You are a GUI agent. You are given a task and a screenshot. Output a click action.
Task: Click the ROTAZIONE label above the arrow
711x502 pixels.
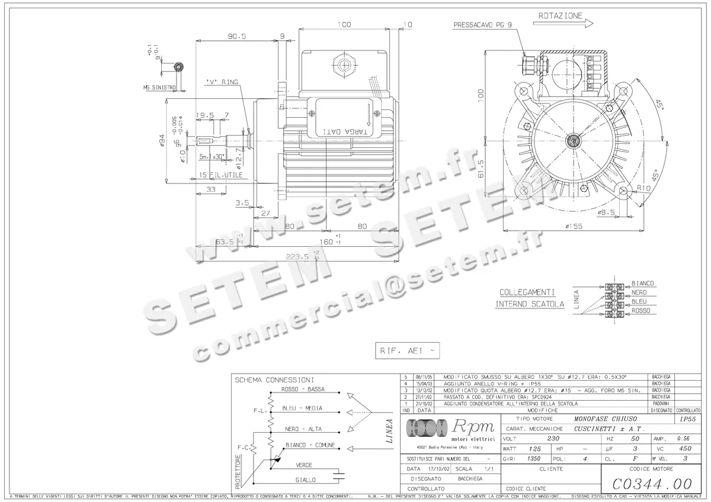(x=561, y=16)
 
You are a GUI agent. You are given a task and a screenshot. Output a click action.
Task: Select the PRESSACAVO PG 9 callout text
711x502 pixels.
(x=482, y=25)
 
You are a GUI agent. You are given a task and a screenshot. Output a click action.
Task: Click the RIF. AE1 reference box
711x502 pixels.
(x=408, y=350)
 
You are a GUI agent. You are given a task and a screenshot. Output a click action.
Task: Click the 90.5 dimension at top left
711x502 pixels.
(x=236, y=36)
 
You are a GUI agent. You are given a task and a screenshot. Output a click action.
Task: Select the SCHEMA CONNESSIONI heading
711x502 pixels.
(x=274, y=379)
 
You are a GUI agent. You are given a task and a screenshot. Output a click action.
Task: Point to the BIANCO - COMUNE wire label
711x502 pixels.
(x=310, y=445)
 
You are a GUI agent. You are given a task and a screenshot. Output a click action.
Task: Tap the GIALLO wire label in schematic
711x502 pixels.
(x=306, y=480)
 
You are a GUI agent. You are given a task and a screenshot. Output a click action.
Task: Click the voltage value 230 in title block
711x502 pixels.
(x=552, y=439)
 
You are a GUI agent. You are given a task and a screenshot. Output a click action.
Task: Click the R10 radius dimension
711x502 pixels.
(x=645, y=189)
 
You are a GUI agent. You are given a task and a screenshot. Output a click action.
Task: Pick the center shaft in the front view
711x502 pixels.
(x=573, y=140)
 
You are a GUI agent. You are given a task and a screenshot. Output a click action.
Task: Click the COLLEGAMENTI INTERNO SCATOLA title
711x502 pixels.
(x=526, y=298)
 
